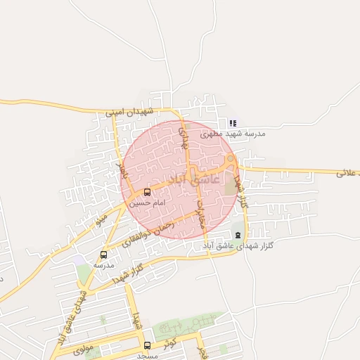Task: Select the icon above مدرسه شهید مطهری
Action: click(233, 123)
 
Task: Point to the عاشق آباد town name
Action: click(195, 179)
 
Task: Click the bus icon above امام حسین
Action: click(147, 192)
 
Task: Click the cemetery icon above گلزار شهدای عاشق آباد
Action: click(238, 235)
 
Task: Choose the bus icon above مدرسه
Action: click(104, 255)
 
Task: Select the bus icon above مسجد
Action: click(147, 345)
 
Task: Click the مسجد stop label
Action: click(147, 356)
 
